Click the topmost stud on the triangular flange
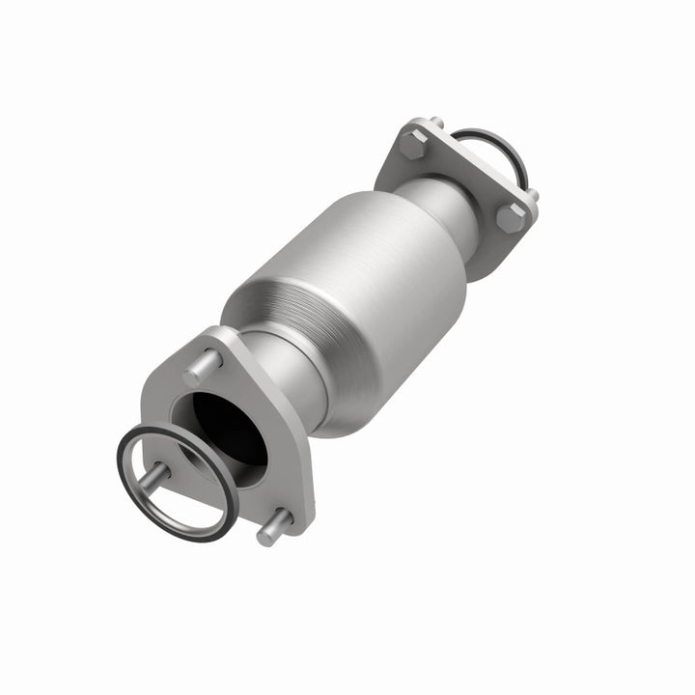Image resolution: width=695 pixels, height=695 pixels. (202, 369)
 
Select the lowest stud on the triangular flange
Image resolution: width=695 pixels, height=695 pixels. (272, 527)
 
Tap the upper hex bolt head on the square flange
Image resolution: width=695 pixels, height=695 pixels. (413, 146)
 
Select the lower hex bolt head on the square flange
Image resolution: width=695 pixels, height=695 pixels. (511, 218)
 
